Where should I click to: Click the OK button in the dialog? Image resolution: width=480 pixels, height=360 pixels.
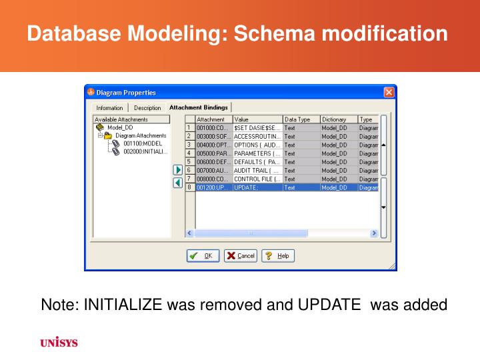(x=203, y=256)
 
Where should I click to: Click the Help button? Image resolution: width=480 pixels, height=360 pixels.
(x=278, y=256)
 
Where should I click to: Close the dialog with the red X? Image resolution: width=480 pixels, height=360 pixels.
(x=389, y=92)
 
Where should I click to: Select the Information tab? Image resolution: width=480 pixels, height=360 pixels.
(x=109, y=107)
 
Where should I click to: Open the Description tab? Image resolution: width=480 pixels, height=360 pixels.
(x=147, y=107)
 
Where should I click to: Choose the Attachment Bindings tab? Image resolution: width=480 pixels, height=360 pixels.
(x=198, y=107)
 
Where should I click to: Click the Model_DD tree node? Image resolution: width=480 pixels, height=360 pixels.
(x=120, y=127)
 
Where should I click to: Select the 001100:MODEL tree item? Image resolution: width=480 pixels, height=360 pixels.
(x=142, y=143)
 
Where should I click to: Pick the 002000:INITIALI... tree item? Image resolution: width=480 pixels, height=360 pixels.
(x=145, y=151)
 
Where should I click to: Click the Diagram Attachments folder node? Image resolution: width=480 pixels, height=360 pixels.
(x=140, y=135)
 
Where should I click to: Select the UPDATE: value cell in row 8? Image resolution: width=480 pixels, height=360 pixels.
(x=257, y=188)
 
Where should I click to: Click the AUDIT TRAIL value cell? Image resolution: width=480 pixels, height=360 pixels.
(x=257, y=171)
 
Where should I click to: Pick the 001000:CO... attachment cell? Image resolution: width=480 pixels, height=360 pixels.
(x=213, y=127)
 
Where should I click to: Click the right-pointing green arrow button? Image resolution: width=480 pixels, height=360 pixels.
(x=178, y=170)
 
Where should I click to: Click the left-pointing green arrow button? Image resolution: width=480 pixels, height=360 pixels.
(x=178, y=183)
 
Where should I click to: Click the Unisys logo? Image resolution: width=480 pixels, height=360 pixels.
(x=59, y=343)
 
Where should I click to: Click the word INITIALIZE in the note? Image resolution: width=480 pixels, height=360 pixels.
(x=123, y=305)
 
